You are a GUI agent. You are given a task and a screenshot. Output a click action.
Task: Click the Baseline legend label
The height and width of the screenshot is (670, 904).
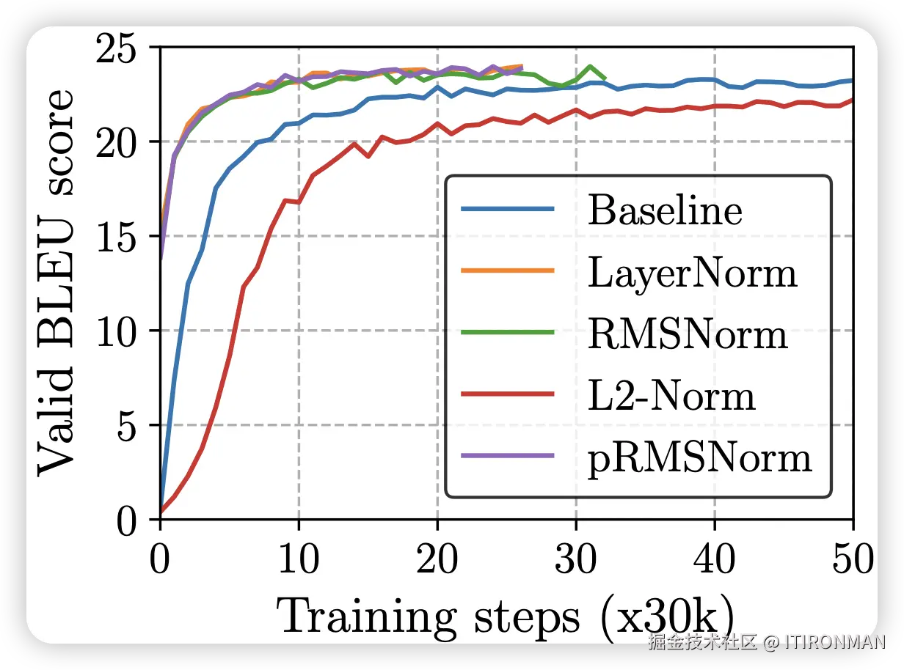(x=665, y=211)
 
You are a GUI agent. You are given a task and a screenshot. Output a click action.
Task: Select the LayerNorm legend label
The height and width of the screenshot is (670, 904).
(x=692, y=273)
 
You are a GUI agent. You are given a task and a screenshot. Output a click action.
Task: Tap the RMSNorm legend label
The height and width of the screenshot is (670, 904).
(x=688, y=334)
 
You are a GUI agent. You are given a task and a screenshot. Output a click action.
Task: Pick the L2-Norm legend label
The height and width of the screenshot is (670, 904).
(x=671, y=396)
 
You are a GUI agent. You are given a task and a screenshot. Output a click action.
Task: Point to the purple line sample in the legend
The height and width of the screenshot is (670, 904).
(x=507, y=456)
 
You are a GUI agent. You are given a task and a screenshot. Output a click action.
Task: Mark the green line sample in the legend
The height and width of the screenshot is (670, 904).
(x=507, y=332)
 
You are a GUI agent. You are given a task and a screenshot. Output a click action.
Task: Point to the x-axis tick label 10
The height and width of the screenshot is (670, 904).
(x=298, y=562)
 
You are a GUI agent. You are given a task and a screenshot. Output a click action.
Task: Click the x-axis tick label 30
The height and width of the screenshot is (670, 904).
(x=576, y=562)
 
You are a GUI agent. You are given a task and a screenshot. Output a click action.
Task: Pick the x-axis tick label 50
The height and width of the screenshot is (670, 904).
(x=851, y=562)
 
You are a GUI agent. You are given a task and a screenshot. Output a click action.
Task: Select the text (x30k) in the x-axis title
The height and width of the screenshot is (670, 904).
(x=665, y=617)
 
